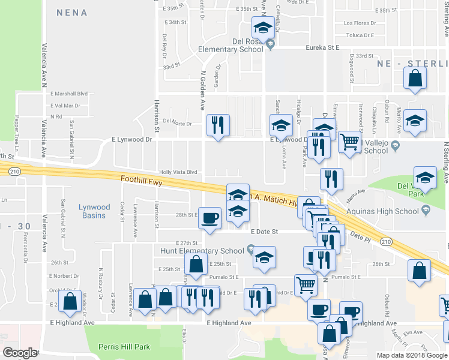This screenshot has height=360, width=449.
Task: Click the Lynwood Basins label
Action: coord(94,211)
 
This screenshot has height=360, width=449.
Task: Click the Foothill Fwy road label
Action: coord(140,179)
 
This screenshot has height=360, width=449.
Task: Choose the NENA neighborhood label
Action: coord(71,13)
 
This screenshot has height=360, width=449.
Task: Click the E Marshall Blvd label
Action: coord(69,94)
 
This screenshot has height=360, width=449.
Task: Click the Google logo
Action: coord(20,352)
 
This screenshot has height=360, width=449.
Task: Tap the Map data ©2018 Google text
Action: coord(412,355)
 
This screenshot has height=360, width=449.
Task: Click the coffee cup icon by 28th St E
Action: coord(209,217)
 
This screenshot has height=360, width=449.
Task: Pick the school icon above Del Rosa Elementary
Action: coord(262,28)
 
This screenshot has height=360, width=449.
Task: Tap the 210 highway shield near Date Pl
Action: coord(387,241)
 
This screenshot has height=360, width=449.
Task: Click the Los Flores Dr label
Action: coord(360,23)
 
